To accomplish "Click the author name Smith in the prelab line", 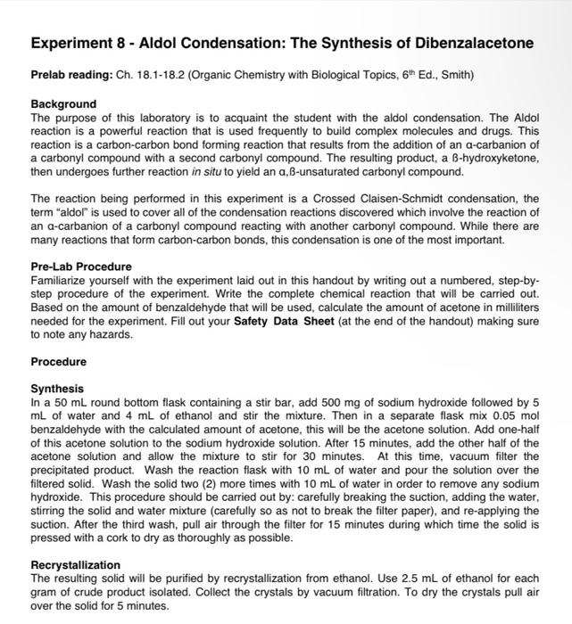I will (x=453, y=75).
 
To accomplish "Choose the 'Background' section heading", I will (x=63, y=104).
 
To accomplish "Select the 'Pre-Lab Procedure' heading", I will (x=81, y=267).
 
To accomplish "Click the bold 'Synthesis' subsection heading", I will (x=57, y=389).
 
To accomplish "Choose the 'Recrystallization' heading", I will (x=75, y=565).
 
